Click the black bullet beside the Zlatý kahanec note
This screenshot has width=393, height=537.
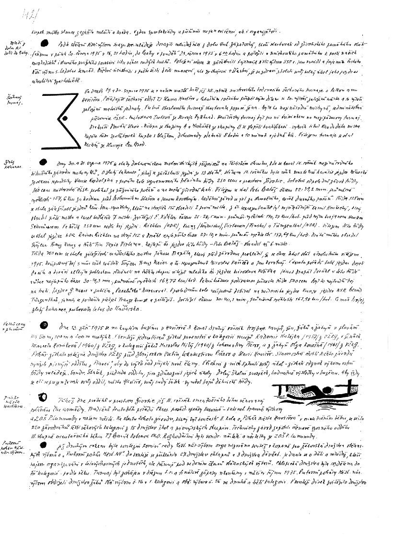tap(45, 162)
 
